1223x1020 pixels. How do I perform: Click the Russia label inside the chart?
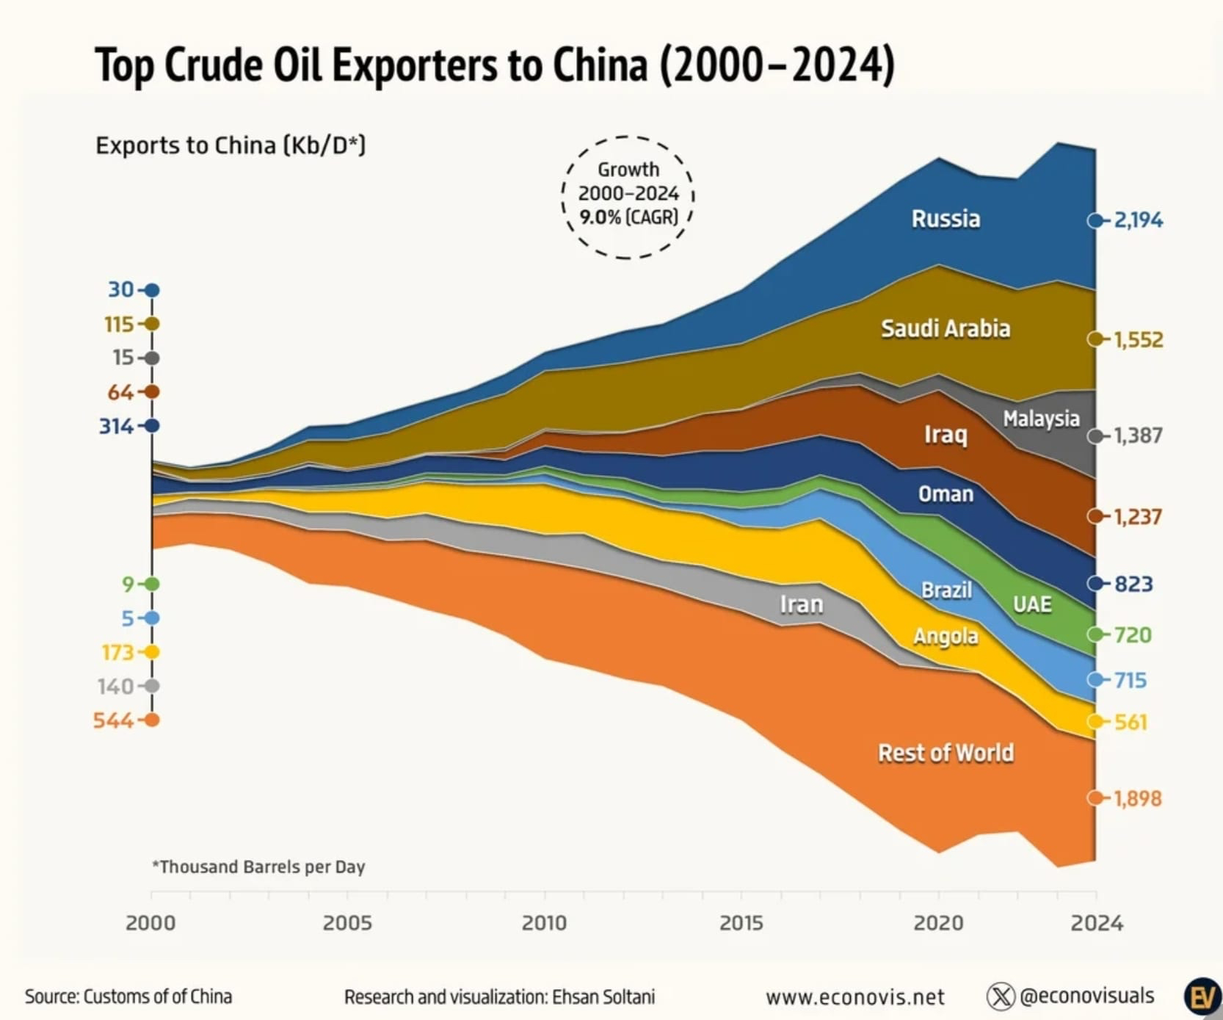pos(946,219)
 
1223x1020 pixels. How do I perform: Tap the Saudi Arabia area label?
pos(946,328)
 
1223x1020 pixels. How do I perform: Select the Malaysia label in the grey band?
pos(1041,419)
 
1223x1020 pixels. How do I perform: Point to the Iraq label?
pos(946,434)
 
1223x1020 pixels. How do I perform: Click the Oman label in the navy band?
pos(946,493)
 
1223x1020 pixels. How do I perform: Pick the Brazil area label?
pos(946,590)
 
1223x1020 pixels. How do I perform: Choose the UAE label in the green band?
pos(1032,604)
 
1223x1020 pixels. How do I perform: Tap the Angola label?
pos(946,636)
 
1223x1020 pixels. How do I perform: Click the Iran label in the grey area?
pos(801,604)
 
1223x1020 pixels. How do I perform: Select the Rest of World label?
pos(946,753)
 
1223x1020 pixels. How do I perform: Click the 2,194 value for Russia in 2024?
pos(1138,220)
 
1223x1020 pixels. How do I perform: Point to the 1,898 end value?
pos(1137,798)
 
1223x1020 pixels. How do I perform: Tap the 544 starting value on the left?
pos(113,720)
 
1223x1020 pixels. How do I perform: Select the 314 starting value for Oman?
pos(116,426)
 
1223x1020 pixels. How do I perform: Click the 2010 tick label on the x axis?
pos(544,923)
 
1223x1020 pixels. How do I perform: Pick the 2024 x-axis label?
pos(1097,923)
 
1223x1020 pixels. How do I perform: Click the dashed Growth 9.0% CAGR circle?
pos(628,197)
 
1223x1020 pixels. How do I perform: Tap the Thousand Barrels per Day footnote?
pos(258,867)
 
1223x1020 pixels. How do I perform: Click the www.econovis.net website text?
pos(854,997)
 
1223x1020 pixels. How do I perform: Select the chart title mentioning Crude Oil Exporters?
pos(495,65)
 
